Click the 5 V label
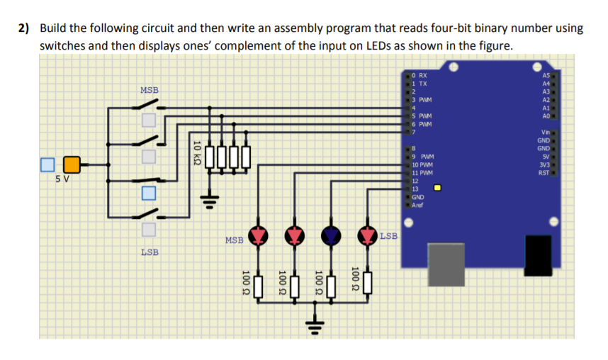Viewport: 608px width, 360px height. [62, 179]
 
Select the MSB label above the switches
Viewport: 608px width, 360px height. [150, 90]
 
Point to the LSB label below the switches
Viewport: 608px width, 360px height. [150, 252]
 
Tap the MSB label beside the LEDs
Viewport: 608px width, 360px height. [235, 240]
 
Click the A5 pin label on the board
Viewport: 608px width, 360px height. [545, 75]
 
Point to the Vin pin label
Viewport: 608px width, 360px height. [544, 133]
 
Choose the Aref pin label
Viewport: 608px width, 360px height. [420, 205]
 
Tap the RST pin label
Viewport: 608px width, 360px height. [544, 173]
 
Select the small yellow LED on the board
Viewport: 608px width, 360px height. [438, 189]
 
